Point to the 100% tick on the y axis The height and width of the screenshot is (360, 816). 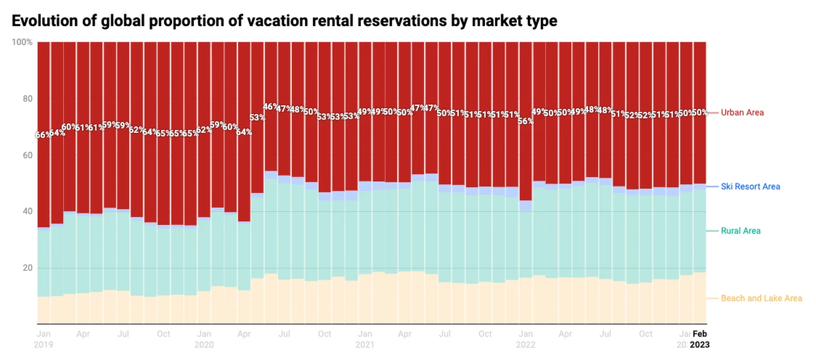(x=22, y=43)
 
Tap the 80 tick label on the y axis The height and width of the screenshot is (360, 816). (x=27, y=99)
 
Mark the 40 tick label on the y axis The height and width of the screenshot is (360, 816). (x=27, y=211)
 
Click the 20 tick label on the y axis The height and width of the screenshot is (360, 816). (x=27, y=268)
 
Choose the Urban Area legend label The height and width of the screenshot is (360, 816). (x=742, y=112)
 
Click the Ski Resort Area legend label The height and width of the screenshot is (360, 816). (x=750, y=187)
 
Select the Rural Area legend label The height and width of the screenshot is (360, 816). (x=740, y=231)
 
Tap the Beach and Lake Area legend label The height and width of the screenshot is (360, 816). (x=761, y=298)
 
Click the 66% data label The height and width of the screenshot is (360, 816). (x=43, y=135)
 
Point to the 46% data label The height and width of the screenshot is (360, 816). (x=271, y=107)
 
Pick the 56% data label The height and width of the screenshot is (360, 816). (x=526, y=121)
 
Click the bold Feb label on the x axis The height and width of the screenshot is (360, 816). (x=699, y=334)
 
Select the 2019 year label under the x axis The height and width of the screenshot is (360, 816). (x=44, y=344)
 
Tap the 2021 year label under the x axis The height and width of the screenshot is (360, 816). (x=365, y=344)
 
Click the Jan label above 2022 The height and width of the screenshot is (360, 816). (x=526, y=334)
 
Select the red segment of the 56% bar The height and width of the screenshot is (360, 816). (x=526, y=157)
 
